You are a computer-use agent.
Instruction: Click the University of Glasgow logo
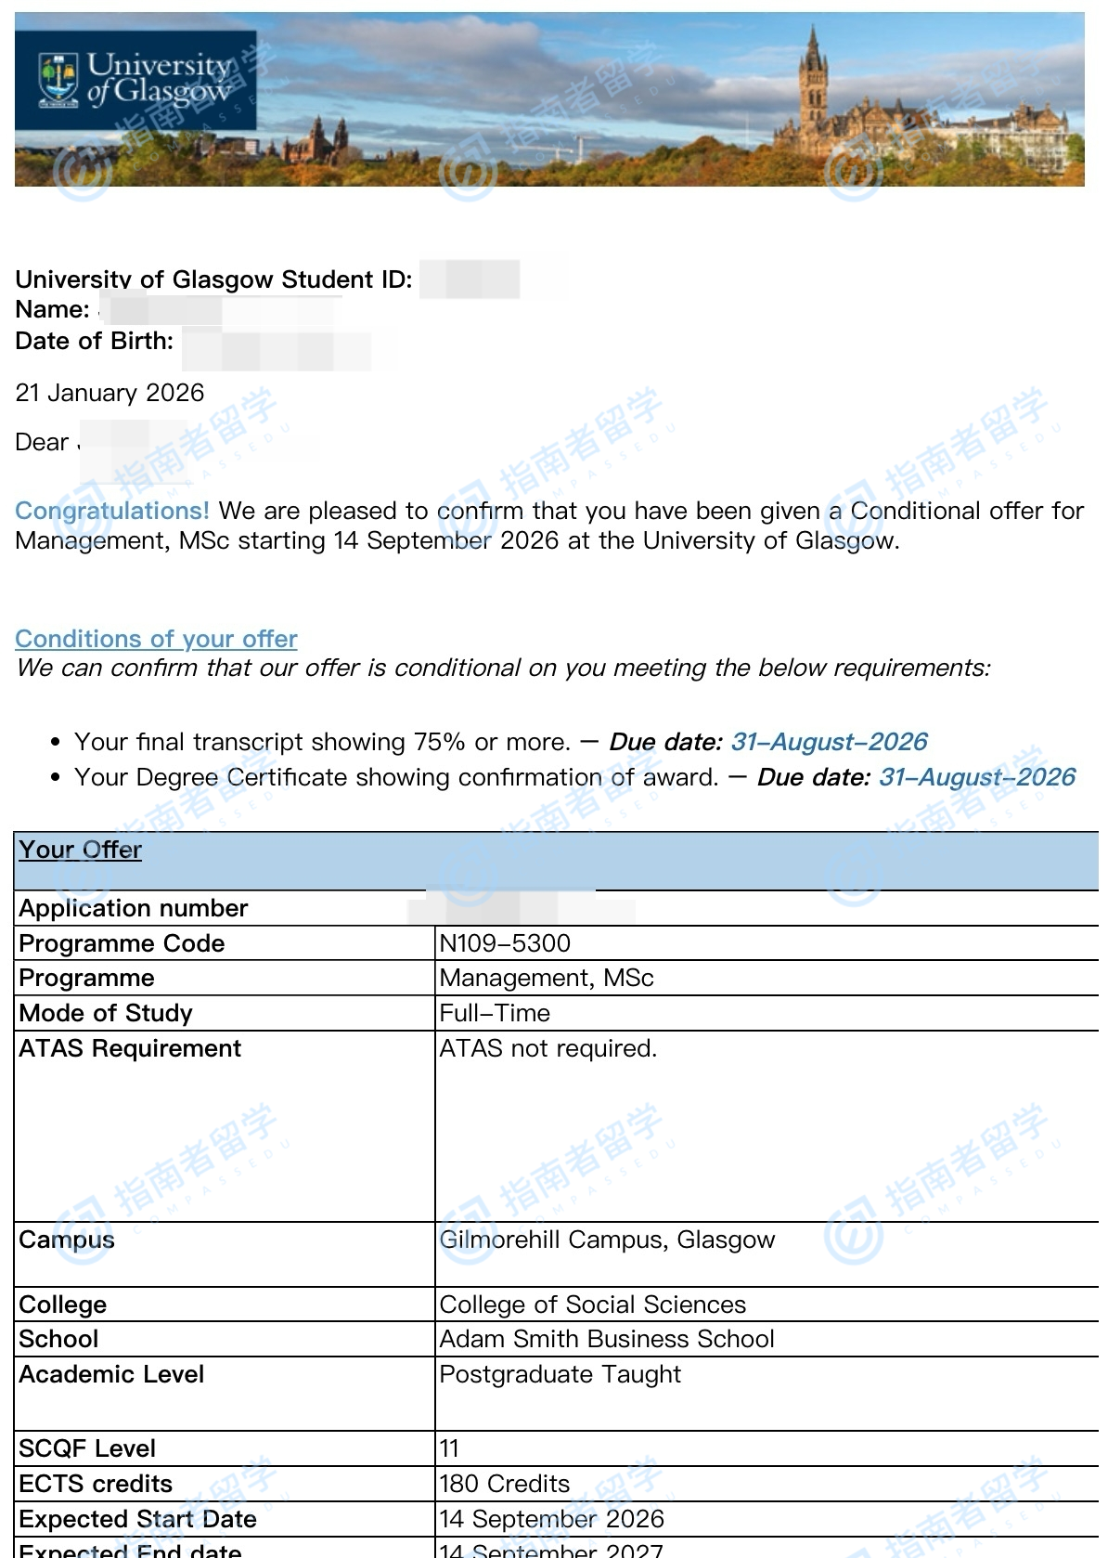[135, 80]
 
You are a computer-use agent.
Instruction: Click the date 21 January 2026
[110, 393]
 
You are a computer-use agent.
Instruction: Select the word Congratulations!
[112, 511]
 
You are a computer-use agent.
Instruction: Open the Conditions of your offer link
[156, 639]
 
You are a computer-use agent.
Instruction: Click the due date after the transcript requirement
[829, 742]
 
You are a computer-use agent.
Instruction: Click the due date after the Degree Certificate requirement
[976, 777]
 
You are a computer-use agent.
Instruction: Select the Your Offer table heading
[81, 850]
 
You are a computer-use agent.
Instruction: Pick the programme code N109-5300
[505, 943]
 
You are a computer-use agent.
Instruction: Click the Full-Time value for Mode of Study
[495, 1013]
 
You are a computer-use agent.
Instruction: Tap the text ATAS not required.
[548, 1048]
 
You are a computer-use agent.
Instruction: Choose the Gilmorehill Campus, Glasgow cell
[607, 1240]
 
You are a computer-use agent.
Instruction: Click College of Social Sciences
[592, 1305]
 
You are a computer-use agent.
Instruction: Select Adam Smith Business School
[607, 1339]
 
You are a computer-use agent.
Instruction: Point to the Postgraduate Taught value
[560, 1374]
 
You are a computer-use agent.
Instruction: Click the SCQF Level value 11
[449, 1448]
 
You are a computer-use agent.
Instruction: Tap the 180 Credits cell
[505, 1484]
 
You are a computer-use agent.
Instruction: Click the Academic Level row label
[111, 1374]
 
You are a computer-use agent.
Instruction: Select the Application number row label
[134, 908]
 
